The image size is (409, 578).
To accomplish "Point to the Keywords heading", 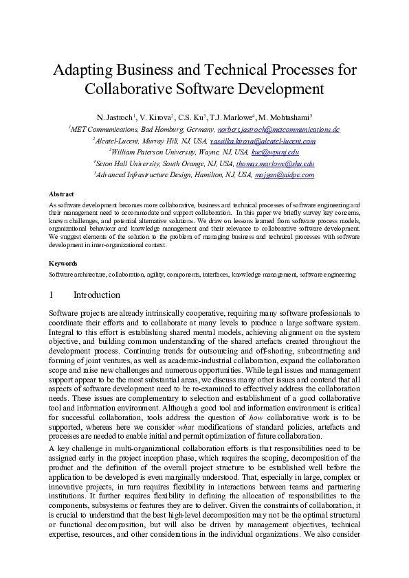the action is [x=63, y=263].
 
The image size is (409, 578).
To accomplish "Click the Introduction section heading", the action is [x=96, y=295].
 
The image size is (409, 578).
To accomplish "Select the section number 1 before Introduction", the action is [x=52, y=295].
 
